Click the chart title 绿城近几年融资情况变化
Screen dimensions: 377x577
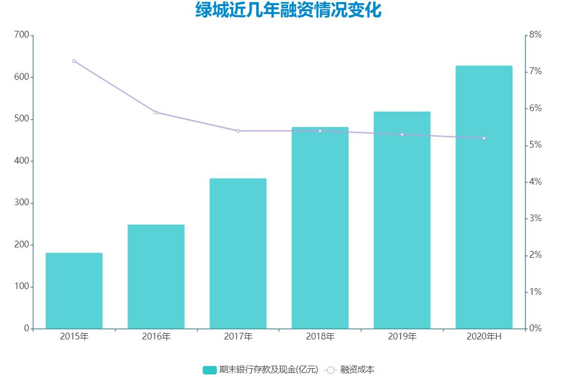tap(288, 10)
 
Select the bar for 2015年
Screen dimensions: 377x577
tap(74, 291)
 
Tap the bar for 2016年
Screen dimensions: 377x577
tap(156, 277)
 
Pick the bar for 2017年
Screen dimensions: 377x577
tap(238, 254)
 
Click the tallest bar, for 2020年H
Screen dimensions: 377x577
tap(484, 197)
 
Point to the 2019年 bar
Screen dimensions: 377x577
tap(402, 220)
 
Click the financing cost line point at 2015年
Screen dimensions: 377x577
tap(74, 61)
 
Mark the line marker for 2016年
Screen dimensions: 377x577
tap(156, 112)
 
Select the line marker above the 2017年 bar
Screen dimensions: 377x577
tap(238, 131)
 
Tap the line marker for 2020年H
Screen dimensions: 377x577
tap(484, 138)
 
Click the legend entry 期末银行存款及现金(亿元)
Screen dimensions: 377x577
tap(261, 370)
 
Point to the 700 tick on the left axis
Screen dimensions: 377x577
tap(22, 35)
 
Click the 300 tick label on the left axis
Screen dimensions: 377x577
tap(22, 203)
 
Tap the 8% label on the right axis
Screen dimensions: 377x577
tap(536, 35)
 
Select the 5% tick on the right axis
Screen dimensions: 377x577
tap(536, 145)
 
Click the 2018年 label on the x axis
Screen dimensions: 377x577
tap(320, 337)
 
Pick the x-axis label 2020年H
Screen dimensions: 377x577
tap(484, 337)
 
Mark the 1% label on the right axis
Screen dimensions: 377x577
tap(536, 292)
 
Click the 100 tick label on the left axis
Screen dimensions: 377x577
tap(22, 287)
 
